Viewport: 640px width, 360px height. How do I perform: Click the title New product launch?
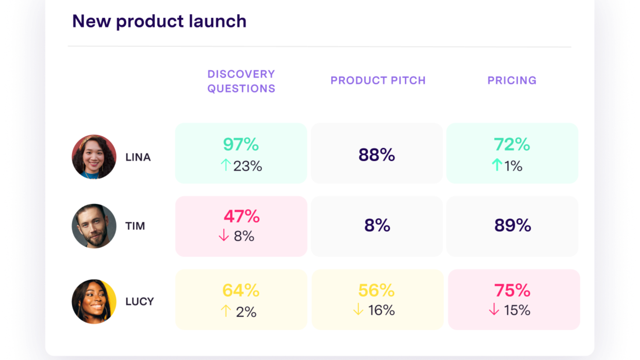[x=159, y=21]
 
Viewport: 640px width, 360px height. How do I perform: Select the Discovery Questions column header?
[x=242, y=81]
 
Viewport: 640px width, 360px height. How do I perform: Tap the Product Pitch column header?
[x=378, y=80]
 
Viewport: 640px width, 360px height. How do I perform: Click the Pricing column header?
[x=512, y=80]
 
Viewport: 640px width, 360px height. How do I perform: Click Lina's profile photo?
[x=94, y=157]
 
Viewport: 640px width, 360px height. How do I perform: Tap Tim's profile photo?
[x=94, y=226]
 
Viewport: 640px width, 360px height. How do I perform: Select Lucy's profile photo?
[x=94, y=301]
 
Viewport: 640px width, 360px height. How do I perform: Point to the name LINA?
[x=138, y=158]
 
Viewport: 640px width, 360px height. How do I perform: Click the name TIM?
[x=135, y=226]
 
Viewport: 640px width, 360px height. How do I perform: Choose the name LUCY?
[x=140, y=302]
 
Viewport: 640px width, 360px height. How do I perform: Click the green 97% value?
[x=241, y=144]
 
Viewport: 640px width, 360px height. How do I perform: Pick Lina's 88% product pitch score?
[x=377, y=155]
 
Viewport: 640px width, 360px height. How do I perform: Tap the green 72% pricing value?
[x=512, y=144]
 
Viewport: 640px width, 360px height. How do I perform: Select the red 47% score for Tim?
[x=242, y=216]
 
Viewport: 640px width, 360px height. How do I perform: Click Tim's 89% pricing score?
[x=513, y=225]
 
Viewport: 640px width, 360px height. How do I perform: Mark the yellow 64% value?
[x=241, y=290]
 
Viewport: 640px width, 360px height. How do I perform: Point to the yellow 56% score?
[x=376, y=290]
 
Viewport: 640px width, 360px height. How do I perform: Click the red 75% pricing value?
[x=512, y=290]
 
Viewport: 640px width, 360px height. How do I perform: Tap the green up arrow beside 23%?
[x=226, y=165]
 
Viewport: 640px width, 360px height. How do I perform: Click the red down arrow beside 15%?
[x=494, y=309]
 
